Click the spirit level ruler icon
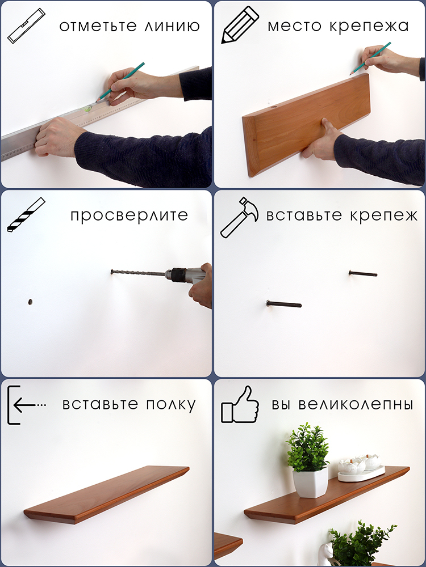click(26, 26)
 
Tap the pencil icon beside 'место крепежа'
click(240, 24)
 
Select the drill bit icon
click(26, 214)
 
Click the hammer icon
click(240, 217)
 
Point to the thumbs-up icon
click(240, 404)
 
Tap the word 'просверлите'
click(130, 215)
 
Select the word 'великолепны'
click(356, 404)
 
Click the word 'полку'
click(171, 404)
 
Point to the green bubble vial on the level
click(88, 107)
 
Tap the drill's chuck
click(176, 274)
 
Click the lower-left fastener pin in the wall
click(283, 304)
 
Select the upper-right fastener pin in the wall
click(362, 273)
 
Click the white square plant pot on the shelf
click(310, 482)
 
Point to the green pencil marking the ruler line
click(120, 82)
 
